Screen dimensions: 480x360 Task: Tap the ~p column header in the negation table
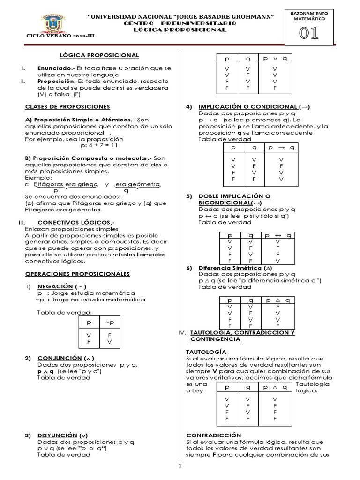tap(110, 323)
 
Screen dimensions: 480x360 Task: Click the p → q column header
tap(280, 147)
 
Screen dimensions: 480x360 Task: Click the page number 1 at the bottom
tap(180, 466)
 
